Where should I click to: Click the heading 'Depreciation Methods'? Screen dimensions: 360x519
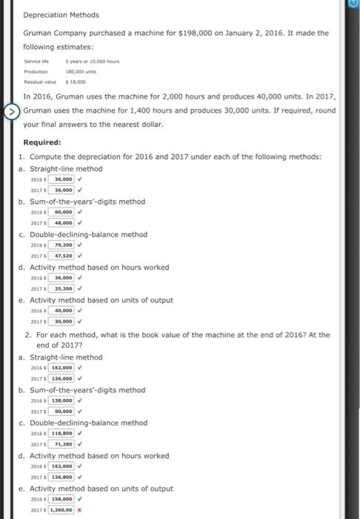61,15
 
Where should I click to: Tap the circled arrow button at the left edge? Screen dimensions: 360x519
10,112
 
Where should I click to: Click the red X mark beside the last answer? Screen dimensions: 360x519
79,510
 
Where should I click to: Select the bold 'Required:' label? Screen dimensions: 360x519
42,142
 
